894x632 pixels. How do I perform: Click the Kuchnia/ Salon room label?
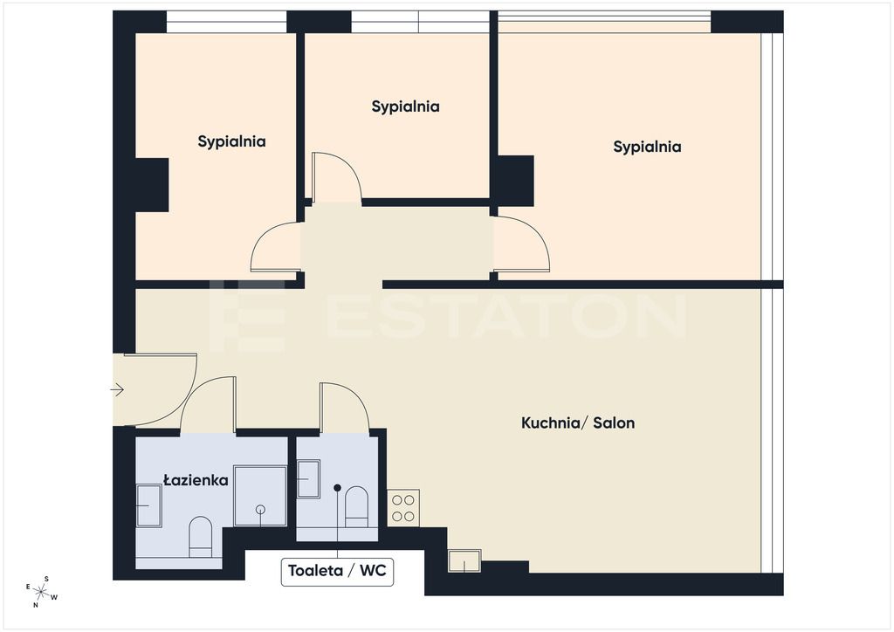(578, 422)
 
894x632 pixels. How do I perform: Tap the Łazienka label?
(196, 480)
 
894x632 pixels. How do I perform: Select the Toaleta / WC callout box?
(337, 572)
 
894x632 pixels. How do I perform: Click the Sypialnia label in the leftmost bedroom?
(231, 142)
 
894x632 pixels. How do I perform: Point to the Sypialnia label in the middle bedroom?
(405, 107)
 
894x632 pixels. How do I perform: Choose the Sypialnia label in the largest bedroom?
(647, 147)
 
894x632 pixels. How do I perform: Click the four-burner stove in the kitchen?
(403, 508)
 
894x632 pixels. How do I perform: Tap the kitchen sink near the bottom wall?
(464, 560)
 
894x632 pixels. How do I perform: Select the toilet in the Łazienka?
(200, 537)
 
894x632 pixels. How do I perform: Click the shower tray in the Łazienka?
(260, 496)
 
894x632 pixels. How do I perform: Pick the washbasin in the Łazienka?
(148, 505)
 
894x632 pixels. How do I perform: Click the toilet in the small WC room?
(357, 506)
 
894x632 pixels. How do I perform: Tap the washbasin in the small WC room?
(308, 478)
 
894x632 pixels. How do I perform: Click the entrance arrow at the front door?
(118, 390)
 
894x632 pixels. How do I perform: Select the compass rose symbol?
(42, 592)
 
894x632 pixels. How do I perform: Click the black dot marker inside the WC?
(338, 488)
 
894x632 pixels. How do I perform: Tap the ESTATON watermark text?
(448, 317)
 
